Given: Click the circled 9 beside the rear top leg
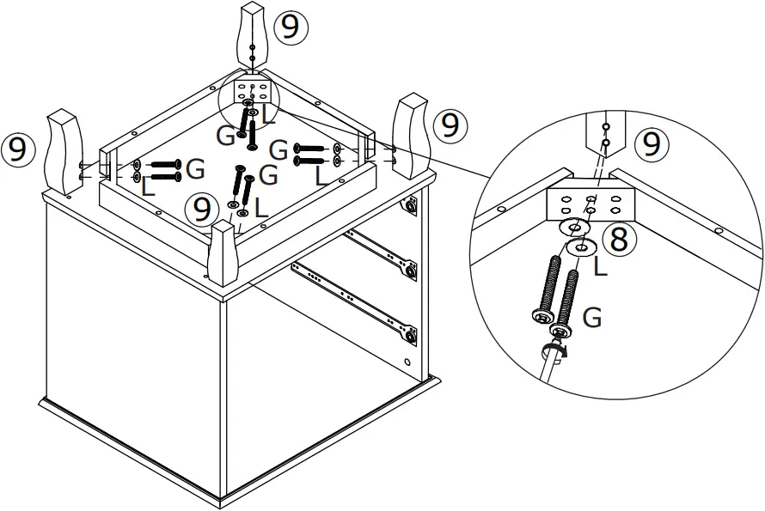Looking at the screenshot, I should coord(291,27).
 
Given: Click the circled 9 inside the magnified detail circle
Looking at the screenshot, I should coord(652,144).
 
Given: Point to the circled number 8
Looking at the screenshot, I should coord(617,240).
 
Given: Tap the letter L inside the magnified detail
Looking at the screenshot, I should coord(600,269).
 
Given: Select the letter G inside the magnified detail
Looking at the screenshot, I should coord(591,318).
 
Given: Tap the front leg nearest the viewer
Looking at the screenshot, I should coord(223,255).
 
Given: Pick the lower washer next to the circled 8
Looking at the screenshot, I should coord(581,248).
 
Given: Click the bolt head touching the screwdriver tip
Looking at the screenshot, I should coord(561,332).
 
